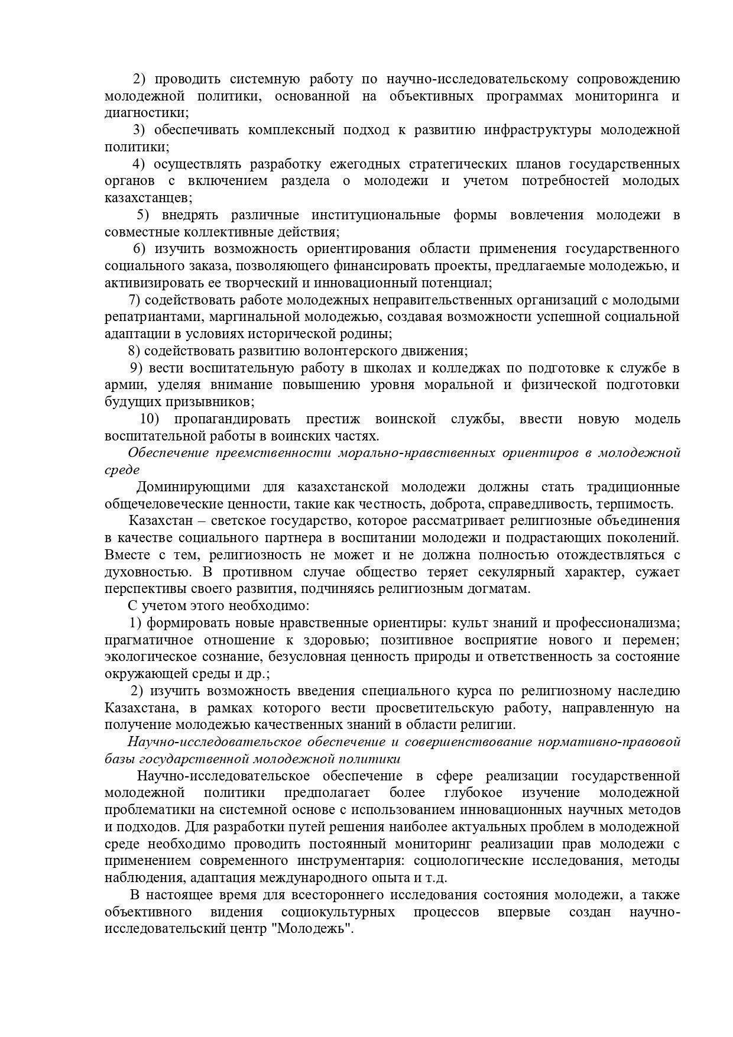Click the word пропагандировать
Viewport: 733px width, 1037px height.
[232, 419]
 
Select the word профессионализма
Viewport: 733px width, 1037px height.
[617, 623]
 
